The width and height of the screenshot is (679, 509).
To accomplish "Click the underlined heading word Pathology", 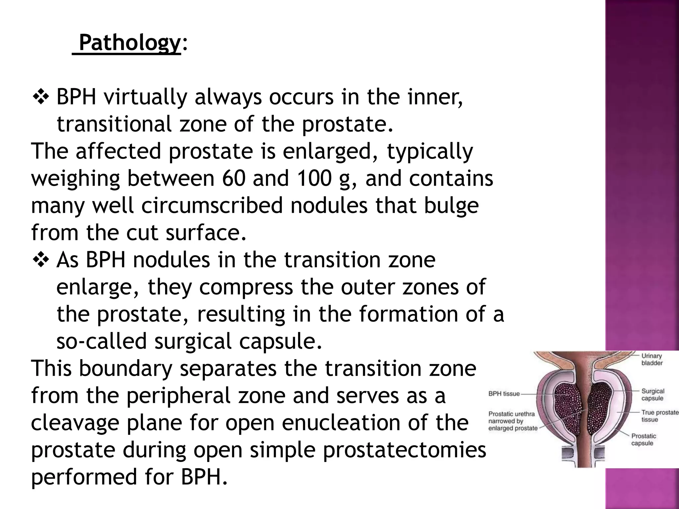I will tap(130, 43).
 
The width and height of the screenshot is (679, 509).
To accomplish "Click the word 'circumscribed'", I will tap(212, 205).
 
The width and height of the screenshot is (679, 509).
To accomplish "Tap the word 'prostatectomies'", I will tap(404, 450).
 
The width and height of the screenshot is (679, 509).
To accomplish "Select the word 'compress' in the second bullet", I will tap(246, 287).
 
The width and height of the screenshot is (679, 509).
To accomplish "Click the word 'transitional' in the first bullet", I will tap(114, 124).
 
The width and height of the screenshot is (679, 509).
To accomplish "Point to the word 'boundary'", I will tap(126, 369).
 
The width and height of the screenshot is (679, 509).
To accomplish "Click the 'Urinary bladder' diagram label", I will tap(652, 359).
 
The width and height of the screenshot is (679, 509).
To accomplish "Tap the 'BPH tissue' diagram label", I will tap(504, 394).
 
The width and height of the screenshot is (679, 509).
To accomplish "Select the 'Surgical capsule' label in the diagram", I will tap(652, 395).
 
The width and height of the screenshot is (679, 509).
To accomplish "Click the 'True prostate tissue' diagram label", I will tap(659, 416).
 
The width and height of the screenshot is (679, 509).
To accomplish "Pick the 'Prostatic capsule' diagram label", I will tap(644, 439).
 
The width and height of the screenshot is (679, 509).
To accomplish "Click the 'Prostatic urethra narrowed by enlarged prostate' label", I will tap(513, 421).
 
